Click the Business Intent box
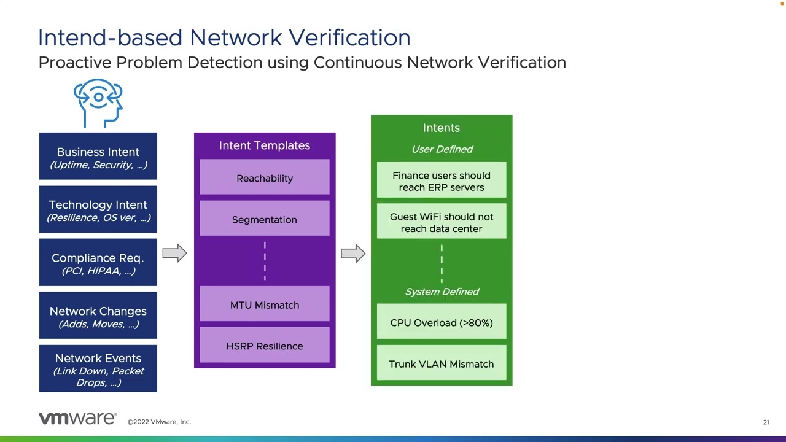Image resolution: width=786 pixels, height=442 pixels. point(98,157)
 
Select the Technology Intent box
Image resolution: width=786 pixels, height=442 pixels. point(98,210)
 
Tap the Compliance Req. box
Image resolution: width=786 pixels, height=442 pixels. point(98,263)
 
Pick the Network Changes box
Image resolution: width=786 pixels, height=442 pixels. point(98,316)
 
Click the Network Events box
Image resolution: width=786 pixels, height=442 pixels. point(98,369)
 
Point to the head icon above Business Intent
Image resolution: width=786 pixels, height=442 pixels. point(98,103)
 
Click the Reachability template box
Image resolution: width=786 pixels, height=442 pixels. point(265,178)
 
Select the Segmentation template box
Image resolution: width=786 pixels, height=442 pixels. point(265,219)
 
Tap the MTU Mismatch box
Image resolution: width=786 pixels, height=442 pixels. point(265,305)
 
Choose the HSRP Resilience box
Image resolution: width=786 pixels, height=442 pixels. point(265,346)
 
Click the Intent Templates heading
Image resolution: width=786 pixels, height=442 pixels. point(265,145)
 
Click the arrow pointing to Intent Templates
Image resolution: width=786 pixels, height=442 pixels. point(174,253)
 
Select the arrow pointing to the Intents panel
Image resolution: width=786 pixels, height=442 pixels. point(353,253)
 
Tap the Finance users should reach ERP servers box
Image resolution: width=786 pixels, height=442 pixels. point(442,181)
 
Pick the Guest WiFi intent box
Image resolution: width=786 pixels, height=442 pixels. point(442,222)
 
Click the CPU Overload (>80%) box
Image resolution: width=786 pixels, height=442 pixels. point(442,323)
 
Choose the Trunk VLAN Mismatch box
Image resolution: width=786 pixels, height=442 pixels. point(442,364)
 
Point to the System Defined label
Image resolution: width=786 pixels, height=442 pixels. point(442,292)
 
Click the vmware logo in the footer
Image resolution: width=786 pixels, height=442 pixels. point(77,419)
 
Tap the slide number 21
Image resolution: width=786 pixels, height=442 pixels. point(766,422)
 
